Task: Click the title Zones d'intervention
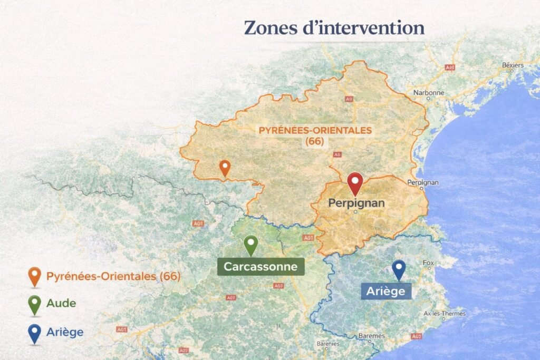[334, 28]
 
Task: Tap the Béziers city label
[513, 65]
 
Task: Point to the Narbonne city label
[429, 93]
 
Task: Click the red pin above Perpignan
[355, 183]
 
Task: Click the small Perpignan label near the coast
[423, 182]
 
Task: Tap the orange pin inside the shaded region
[225, 168]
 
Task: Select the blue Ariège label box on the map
[386, 290]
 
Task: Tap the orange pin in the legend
[35, 276]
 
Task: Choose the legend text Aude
[61, 303]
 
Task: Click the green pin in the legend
[35, 304]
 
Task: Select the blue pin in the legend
[35, 333]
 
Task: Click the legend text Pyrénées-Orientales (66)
[113, 276]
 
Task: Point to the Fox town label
[428, 263]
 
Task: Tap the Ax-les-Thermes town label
[445, 314]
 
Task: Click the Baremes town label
[371, 335]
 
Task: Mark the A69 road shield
[278, 286]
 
